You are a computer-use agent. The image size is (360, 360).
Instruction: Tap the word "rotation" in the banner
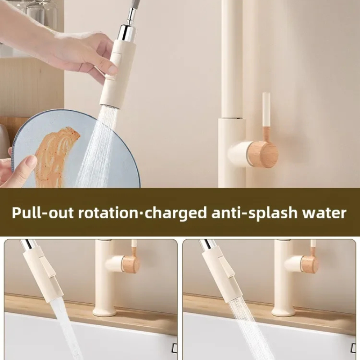(108, 213)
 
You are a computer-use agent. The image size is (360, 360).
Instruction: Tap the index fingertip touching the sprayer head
(112, 69)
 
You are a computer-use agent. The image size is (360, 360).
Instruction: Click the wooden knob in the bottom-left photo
(131, 264)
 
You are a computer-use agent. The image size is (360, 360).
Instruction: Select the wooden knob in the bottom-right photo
(310, 264)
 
